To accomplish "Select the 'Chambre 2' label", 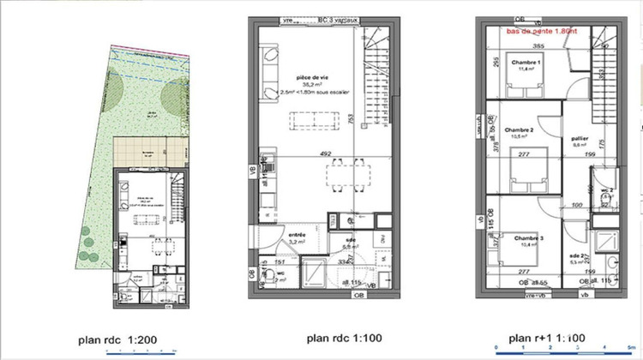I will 520,129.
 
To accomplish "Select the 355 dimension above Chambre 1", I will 538,45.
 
